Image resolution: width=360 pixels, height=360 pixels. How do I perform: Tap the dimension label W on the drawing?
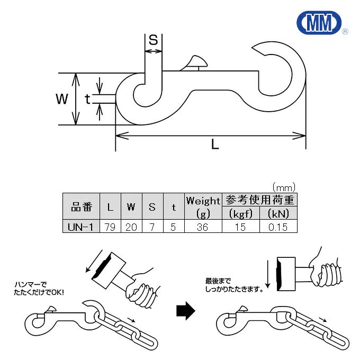click(x=62, y=98)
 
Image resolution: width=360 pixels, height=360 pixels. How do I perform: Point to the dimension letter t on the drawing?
click(x=88, y=98)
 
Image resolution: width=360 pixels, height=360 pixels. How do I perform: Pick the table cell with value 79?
click(x=110, y=227)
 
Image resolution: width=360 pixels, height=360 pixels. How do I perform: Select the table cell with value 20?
click(x=131, y=227)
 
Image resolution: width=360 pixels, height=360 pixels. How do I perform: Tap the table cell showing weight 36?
click(x=203, y=227)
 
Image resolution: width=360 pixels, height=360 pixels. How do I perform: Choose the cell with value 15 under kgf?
click(x=241, y=227)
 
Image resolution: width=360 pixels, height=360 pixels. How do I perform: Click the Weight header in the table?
click(x=203, y=201)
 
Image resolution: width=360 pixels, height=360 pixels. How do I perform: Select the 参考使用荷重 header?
click(x=260, y=200)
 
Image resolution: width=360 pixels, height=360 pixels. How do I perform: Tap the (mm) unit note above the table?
click(x=283, y=187)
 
